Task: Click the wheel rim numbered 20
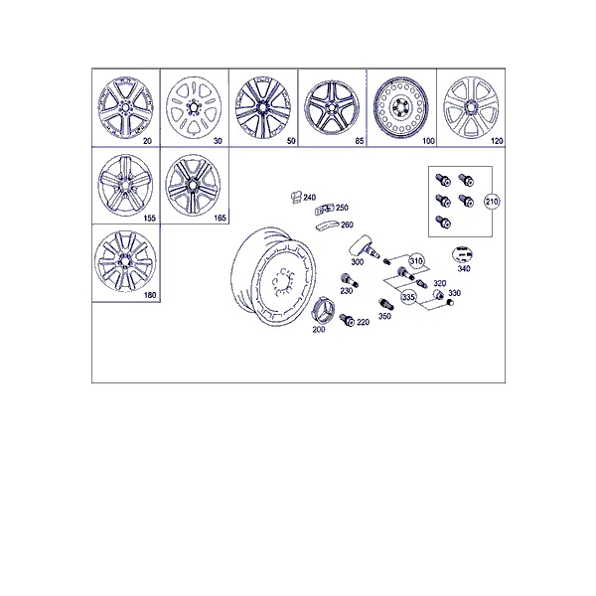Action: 126,107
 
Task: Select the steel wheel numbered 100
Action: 401,108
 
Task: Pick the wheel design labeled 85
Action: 332,108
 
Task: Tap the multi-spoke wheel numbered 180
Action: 125,261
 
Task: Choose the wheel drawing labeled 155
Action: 125,185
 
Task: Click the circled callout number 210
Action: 492,202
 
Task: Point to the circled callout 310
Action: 416,261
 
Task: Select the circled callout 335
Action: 408,296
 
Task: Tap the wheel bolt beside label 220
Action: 347,320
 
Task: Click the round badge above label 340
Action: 462,254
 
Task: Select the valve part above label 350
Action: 385,304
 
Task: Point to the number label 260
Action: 347,225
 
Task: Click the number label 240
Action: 309,198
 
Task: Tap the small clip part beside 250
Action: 324,209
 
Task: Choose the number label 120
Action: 497,141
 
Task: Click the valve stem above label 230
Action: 349,280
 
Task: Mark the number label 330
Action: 455,293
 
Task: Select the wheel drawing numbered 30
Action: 195,107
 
